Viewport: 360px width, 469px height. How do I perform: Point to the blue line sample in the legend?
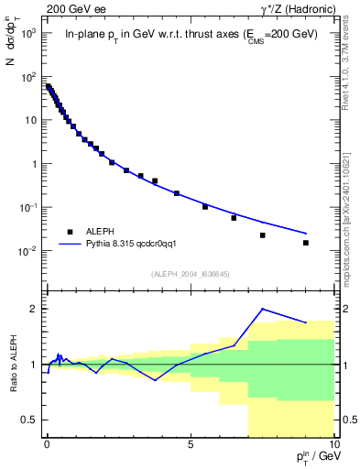(70, 245)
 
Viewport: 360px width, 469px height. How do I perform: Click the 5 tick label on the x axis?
(190, 442)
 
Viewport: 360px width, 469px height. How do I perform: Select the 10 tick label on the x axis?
(333, 442)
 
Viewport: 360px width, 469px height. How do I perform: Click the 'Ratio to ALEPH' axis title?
(12, 364)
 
